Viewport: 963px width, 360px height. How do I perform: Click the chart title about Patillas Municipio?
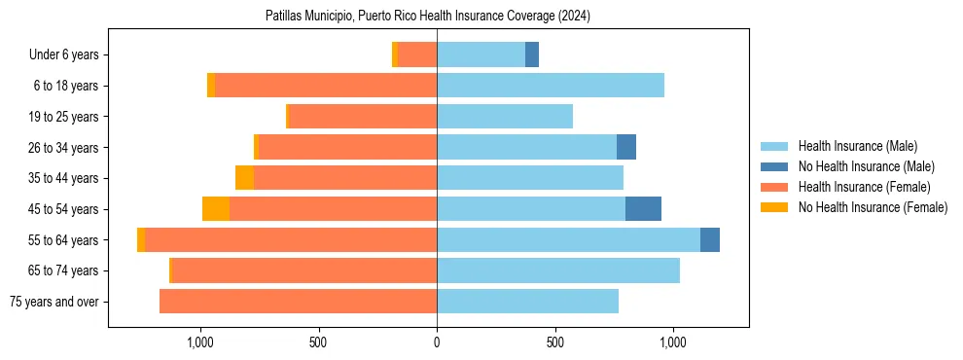point(428,17)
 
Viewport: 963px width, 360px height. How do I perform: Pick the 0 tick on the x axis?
point(437,342)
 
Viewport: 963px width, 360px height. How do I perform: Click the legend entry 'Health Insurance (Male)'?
point(857,146)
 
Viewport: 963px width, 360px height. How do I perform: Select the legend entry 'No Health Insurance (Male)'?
point(866,166)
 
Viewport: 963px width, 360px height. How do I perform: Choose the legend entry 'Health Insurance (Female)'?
point(864,187)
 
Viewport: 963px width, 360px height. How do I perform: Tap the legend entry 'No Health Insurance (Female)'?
point(873,207)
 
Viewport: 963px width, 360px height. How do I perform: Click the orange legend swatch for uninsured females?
point(775,207)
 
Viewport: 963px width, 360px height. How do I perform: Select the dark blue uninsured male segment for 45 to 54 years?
point(643,209)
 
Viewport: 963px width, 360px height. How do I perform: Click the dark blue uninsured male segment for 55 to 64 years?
point(710,239)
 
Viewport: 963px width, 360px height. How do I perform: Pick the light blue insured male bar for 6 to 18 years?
point(551,86)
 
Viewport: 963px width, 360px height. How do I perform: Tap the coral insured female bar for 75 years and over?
point(299,302)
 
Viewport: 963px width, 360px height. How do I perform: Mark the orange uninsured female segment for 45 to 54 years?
point(216,209)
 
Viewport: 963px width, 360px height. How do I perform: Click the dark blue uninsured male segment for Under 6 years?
point(532,55)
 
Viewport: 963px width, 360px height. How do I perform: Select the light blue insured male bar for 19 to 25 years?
point(505,117)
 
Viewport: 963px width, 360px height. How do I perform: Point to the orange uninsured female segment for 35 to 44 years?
point(244,178)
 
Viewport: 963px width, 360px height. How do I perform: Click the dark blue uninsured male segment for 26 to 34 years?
point(626,147)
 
